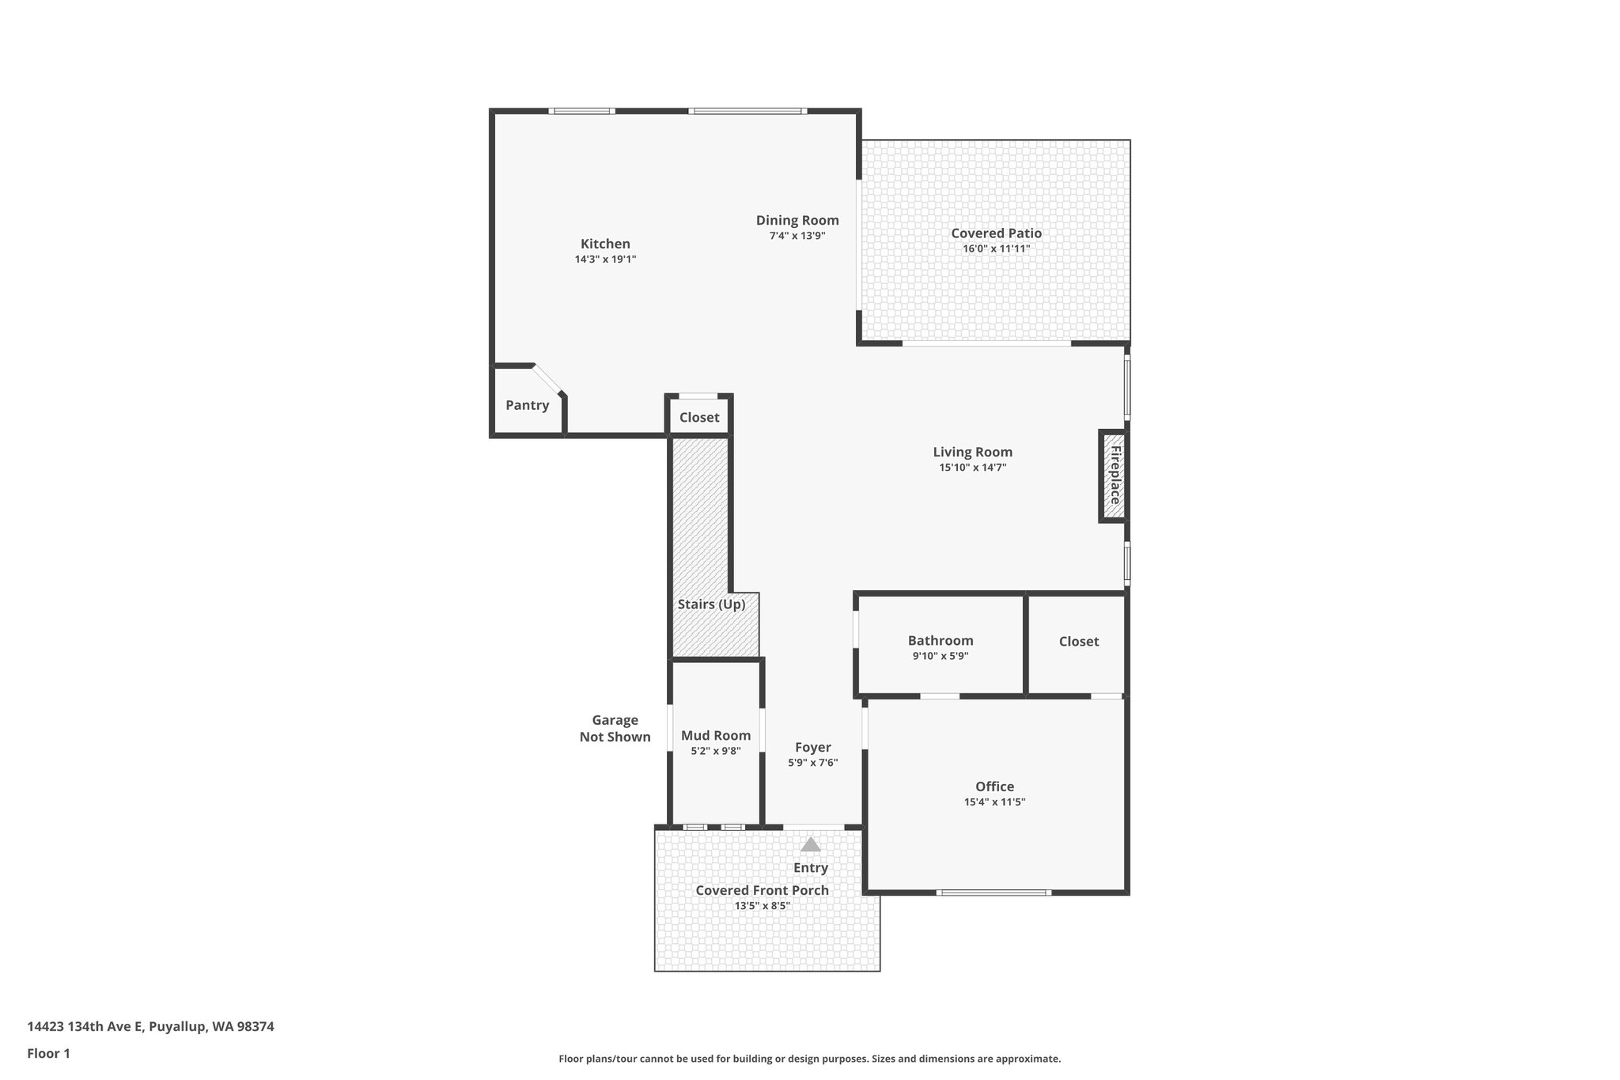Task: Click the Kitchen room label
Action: [x=605, y=244]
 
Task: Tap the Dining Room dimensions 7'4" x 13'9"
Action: [x=797, y=235]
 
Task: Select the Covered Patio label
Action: [x=996, y=233]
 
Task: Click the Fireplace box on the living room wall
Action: [x=1114, y=475]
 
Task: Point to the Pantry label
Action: [x=527, y=405]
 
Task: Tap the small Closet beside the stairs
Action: [x=699, y=417]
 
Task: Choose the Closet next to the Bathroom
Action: [x=1078, y=642]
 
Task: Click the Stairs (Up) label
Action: [x=711, y=604]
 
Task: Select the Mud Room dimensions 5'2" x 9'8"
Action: [x=715, y=751]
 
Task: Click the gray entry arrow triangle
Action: [x=810, y=844]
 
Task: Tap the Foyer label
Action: [x=812, y=747]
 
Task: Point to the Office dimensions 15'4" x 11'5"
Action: [x=994, y=801]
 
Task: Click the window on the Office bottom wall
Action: [x=994, y=892]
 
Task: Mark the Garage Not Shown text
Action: [x=615, y=729]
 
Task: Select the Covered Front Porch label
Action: [x=762, y=890]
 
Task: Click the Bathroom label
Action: [x=940, y=641]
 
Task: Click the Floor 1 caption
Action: [x=48, y=1053]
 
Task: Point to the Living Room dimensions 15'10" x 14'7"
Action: [x=972, y=468]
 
